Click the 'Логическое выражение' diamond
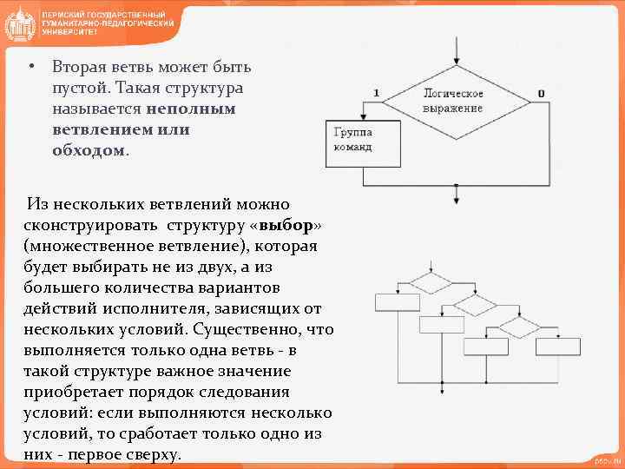click(453, 101)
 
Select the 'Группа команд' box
click(362, 142)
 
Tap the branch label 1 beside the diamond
click(376, 93)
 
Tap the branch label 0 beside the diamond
click(541, 93)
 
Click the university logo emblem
click(19, 23)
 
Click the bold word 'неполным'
click(190, 109)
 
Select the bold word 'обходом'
click(89, 151)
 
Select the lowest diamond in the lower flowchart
click(519, 327)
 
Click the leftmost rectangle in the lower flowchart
click(398, 302)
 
